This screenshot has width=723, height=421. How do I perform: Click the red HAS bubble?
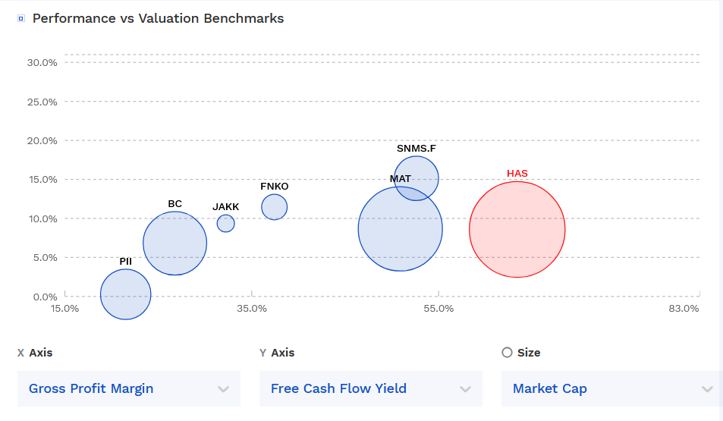pyautogui.click(x=517, y=229)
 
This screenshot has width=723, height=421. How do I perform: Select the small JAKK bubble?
pyautogui.click(x=225, y=223)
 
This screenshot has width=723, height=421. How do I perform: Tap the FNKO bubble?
pyautogui.click(x=275, y=206)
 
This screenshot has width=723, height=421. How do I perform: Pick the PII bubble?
pyautogui.click(x=126, y=294)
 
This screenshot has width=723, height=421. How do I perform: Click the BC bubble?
pyautogui.click(x=175, y=243)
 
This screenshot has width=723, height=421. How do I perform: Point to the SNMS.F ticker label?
pyautogui.click(x=417, y=148)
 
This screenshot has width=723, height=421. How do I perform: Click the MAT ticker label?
pyautogui.click(x=401, y=179)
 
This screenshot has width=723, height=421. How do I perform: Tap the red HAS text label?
pyautogui.click(x=517, y=174)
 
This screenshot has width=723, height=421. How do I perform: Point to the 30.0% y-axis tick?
pyautogui.click(x=42, y=62)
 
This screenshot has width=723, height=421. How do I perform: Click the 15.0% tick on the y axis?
pyautogui.click(x=42, y=180)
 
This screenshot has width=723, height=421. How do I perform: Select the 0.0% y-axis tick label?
pyautogui.click(x=45, y=297)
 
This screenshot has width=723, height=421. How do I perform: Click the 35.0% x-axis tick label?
pyautogui.click(x=252, y=309)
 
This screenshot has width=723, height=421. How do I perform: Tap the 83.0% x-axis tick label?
pyautogui.click(x=684, y=309)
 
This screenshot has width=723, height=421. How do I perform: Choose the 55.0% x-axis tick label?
pyautogui.click(x=439, y=309)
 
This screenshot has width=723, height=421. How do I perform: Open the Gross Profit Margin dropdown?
pyautogui.click(x=128, y=388)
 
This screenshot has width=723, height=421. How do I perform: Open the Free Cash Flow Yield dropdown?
pyautogui.click(x=370, y=388)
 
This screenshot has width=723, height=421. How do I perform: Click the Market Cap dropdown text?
pyautogui.click(x=550, y=388)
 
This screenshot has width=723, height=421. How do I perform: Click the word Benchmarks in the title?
pyautogui.click(x=244, y=18)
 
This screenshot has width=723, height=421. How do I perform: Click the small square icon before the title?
pyautogui.click(x=21, y=18)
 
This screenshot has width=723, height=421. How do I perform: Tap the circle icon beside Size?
pyautogui.click(x=508, y=352)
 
